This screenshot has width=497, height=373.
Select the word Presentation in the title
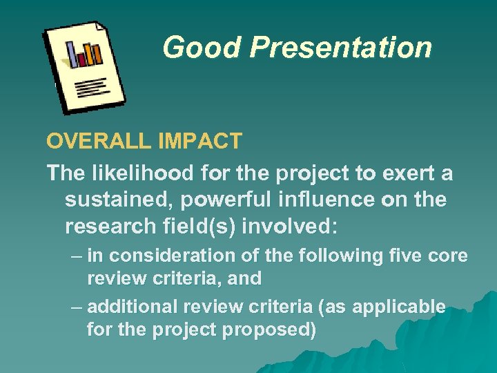coord(340,48)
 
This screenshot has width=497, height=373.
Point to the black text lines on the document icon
coord(92,88)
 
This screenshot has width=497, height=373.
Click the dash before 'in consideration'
coord(76,256)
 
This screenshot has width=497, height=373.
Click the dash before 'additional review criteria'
coord(76,307)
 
